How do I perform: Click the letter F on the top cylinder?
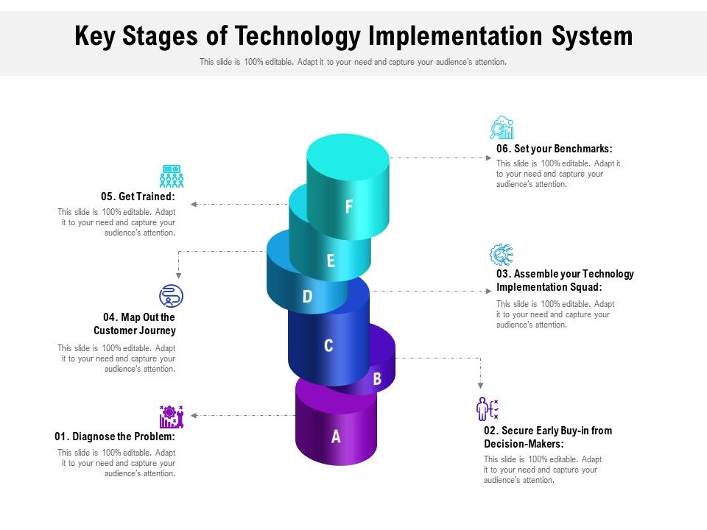click(x=349, y=207)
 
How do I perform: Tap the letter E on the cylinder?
click(x=331, y=261)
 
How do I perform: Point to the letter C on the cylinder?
click(x=328, y=345)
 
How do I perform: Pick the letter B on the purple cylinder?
click(x=376, y=379)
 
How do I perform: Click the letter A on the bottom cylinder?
click(x=336, y=437)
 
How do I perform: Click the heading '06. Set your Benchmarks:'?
click(x=554, y=149)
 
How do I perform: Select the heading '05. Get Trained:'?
click(x=138, y=197)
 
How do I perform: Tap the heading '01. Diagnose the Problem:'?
click(x=115, y=437)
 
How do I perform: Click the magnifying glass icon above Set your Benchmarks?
click(x=502, y=128)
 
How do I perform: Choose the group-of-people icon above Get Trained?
click(x=172, y=176)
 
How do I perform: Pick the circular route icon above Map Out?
click(x=171, y=296)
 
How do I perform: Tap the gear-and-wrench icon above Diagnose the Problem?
click(x=171, y=417)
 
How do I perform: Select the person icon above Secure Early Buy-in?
click(x=487, y=409)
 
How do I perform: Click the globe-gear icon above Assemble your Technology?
click(x=502, y=255)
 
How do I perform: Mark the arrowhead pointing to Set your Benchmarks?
click(x=488, y=158)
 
